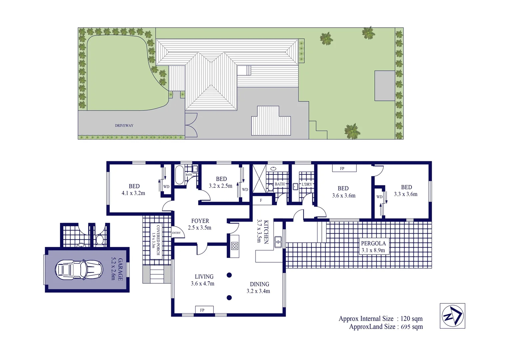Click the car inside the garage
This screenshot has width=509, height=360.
(79, 269)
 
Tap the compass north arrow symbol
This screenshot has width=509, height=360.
(452, 316)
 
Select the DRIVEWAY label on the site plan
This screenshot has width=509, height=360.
(124, 126)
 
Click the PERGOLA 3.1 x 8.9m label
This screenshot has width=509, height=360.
(373, 247)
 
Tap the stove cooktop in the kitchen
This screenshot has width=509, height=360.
(235, 246)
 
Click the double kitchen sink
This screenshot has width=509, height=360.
(278, 242)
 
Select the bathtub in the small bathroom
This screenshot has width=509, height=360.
(179, 175)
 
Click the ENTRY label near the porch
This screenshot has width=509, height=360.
(176, 233)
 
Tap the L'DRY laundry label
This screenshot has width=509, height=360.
(307, 184)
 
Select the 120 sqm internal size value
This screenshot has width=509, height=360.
(411, 319)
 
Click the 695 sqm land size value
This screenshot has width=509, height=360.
(412, 327)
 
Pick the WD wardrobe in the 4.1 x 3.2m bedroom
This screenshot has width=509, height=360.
(166, 186)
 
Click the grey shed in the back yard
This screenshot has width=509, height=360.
(385, 86)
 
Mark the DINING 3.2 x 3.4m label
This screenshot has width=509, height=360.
(259, 287)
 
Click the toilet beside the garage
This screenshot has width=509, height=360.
(99, 240)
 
